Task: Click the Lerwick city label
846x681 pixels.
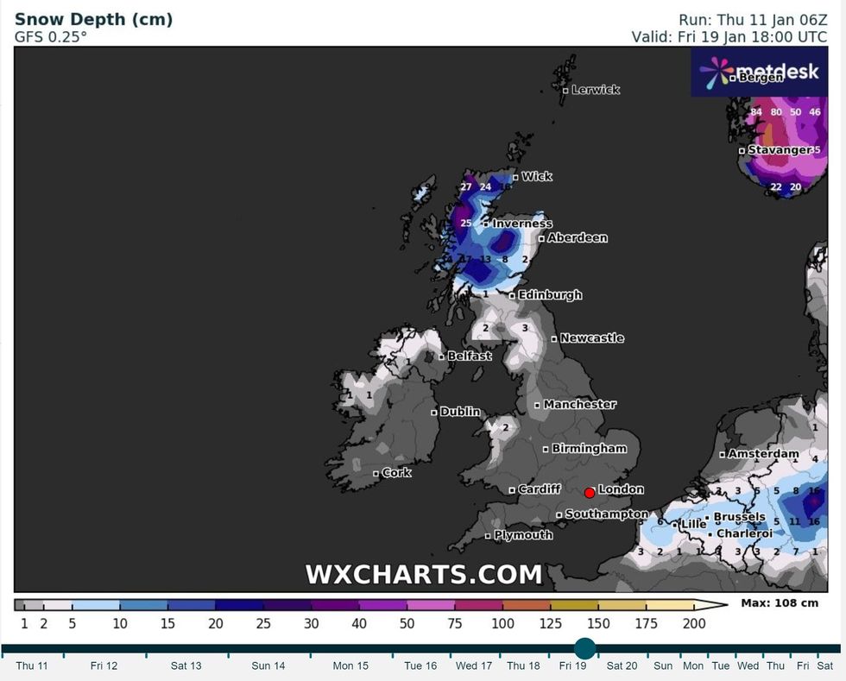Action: click(x=595, y=90)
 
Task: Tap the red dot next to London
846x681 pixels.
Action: click(x=589, y=493)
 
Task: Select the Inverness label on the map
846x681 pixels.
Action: click(x=521, y=224)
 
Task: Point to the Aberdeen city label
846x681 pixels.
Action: click(x=578, y=237)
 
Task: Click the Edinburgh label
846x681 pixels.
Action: click(x=549, y=294)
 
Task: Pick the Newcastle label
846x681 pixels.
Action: click(x=591, y=338)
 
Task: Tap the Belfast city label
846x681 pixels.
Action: click(x=469, y=356)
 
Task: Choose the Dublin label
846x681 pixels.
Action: click(x=459, y=412)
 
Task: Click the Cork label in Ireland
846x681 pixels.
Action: click(x=396, y=473)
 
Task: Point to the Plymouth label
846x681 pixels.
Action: click(x=522, y=535)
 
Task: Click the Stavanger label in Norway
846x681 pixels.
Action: click(x=779, y=150)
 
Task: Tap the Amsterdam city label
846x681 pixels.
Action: click(x=763, y=453)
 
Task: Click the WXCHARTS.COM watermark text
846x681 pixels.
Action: click(x=423, y=574)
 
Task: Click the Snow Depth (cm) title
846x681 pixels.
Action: click(x=93, y=19)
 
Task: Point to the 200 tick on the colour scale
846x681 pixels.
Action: click(x=693, y=623)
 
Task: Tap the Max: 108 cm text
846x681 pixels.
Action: click(x=779, y=603)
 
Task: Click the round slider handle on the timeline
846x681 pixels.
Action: click(x=584, y=649)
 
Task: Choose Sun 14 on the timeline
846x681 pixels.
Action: click(x=268, y=665)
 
